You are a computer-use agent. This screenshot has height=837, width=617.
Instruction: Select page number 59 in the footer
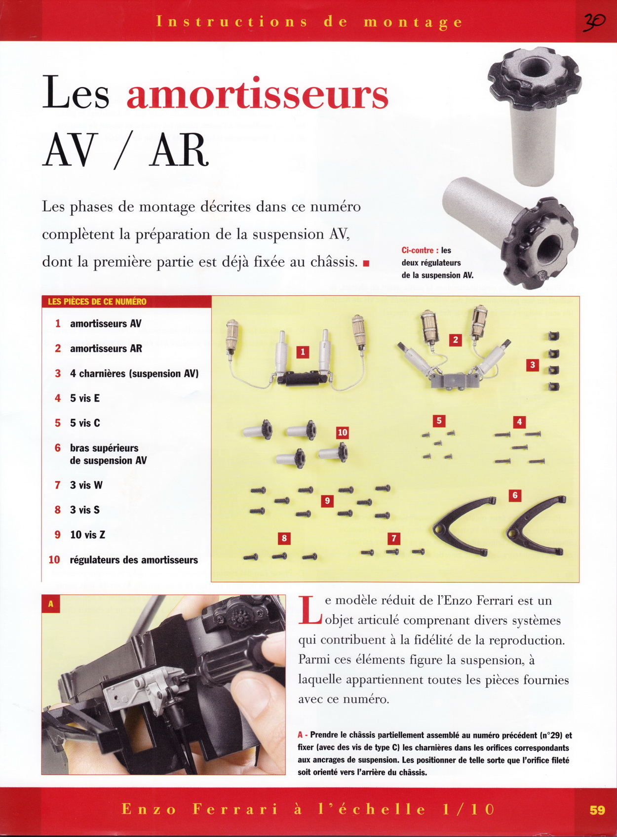(597, 810)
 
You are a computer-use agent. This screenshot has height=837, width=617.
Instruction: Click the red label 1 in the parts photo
(303, 352)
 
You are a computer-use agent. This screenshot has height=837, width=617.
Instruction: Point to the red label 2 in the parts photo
(455, 340)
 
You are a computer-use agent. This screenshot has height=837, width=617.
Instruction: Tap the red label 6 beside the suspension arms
(515, 495)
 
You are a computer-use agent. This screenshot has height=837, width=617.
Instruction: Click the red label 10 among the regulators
(342, 433)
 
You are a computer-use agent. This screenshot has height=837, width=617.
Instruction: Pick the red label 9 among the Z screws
(327, 501)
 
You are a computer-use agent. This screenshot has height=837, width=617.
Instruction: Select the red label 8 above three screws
(284, 538)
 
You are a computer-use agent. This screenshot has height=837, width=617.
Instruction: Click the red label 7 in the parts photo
(393, 538)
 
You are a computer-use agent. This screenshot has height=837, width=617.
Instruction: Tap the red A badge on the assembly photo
(51, 604)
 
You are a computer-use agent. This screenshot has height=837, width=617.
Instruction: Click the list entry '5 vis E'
(84, 398)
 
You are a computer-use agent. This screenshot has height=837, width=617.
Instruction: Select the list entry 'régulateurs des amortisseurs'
(133, 560)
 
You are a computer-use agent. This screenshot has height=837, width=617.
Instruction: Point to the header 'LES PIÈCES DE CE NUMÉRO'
(97, 302)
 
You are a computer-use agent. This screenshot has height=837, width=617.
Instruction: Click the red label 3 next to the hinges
(532, 365)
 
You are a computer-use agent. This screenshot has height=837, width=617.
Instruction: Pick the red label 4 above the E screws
(519, 422)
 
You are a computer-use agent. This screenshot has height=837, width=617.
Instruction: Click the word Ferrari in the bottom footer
(235, 809)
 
